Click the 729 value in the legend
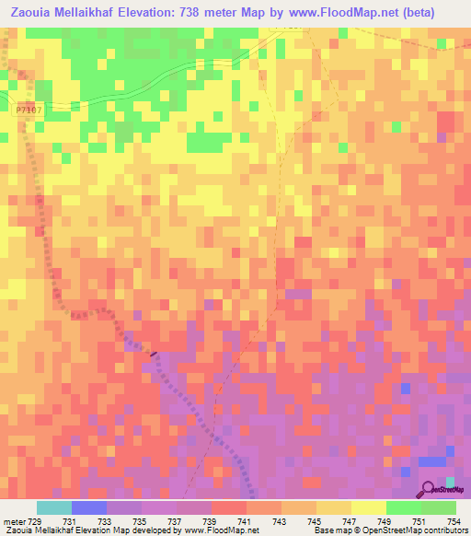coord(36,521)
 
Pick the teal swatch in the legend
coord(53,507)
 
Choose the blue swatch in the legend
coord(88,507)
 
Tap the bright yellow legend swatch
coord(368,507)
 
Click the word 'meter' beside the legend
coord(14,521)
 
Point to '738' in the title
coord(214,13)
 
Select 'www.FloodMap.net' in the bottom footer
coord(220,530)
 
